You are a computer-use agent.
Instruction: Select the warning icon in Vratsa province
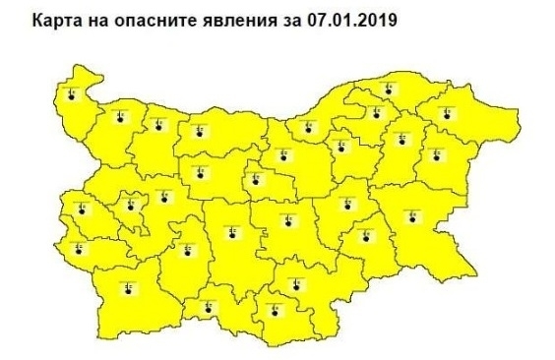point(157,124)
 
